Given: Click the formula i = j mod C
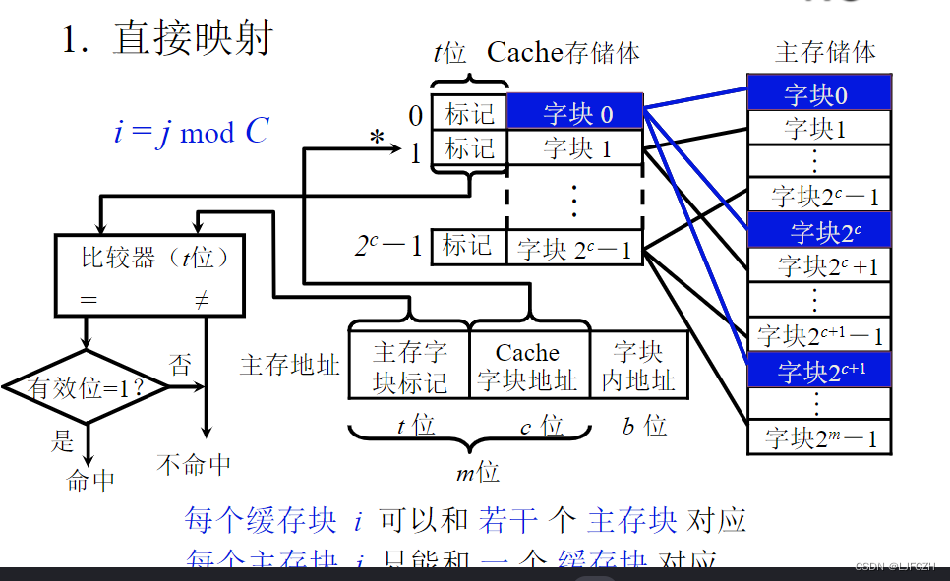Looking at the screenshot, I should (191, 131).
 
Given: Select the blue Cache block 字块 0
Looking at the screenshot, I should (576, 114).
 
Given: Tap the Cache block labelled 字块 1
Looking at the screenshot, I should (576, 149).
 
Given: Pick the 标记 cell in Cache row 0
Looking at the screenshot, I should (470, 114).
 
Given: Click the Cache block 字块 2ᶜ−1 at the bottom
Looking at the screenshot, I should (576, 248).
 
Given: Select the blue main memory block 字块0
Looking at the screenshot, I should (818, 94).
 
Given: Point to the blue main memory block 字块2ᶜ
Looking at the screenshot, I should (818, 232).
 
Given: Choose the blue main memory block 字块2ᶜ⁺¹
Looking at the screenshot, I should (818, 372).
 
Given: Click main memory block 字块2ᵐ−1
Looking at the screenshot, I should (818, 437).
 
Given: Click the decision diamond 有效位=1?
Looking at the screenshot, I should (87, 387).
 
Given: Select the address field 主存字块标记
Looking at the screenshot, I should (409, 367).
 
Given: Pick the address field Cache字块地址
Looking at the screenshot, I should (528, 367).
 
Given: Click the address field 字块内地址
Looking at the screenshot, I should (637, 367).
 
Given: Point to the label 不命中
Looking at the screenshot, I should (194, 464).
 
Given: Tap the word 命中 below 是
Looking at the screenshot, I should (90, 481).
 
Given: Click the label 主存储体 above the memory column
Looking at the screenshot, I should (825, 51).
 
